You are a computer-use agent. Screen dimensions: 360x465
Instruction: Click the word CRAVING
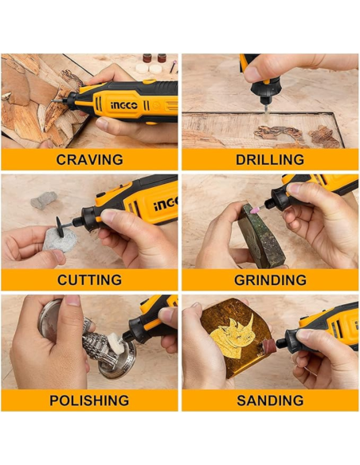[x=89, y=159]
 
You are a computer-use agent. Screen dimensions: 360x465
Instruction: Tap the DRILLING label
[x=270, y=159]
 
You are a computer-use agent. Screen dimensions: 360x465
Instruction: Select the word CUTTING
[x=89, y=280]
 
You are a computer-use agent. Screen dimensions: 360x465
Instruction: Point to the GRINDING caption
[x=270, y=280]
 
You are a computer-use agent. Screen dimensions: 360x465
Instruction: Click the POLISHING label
[x=89, y=401]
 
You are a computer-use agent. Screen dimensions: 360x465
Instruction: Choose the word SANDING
[x=270, y=401]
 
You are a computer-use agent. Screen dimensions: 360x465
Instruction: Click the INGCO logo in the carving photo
[x=124, y=105]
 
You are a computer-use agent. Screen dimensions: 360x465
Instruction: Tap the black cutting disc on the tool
[x=61, y=227]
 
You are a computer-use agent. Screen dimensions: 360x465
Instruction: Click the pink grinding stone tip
[x=254, y=210]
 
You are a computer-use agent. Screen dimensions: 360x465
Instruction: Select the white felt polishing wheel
[x=117, y=344]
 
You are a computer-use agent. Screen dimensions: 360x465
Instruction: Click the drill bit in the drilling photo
[x=266, y=108]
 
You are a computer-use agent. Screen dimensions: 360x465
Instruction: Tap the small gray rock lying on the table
[x=44, y=200]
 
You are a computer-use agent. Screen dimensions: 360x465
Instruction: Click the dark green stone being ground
[x=261, y=237]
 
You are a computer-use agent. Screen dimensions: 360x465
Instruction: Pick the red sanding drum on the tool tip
[x=268, y=347]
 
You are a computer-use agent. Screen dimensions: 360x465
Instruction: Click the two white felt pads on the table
[x=149, y=68]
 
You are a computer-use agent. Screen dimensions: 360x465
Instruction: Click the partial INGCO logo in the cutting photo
[x=166, y=204]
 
